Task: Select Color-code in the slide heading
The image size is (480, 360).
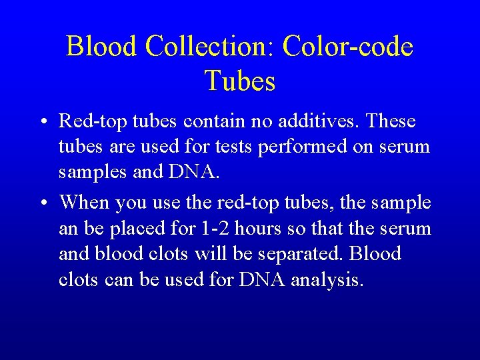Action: pyautogui.click(x=347, y=47)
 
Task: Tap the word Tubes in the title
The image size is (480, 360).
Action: pyautogui.click(x=240, y=81)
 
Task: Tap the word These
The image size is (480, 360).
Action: pyautogui.click(x=391, y=121)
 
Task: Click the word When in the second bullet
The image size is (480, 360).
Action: pyautogui.click(x=85, y=202)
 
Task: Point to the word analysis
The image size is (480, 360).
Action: pyautogui.click(x=328, y=279)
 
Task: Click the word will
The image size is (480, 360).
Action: pyautogui.click(x=212, y=253)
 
